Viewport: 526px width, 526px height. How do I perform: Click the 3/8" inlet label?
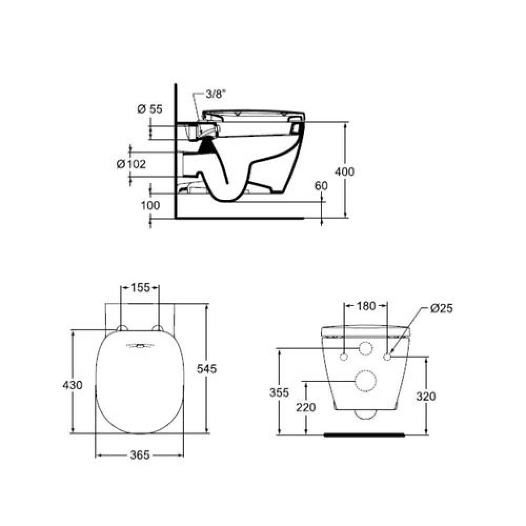point(215,94)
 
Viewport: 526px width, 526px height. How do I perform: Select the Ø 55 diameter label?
point(150,109)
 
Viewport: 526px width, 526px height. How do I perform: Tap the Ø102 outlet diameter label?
point(131,164)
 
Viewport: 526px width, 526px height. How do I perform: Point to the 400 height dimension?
point(345,172)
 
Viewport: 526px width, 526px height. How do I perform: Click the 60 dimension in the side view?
point(321,186)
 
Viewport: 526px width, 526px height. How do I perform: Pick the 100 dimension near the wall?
point(150,205)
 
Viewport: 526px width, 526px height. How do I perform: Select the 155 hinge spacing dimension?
point(140,288)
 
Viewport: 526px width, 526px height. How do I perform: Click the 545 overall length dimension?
point(207,369)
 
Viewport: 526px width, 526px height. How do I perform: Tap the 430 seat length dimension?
point(73,385)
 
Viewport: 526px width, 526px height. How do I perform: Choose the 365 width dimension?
point(139,455)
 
